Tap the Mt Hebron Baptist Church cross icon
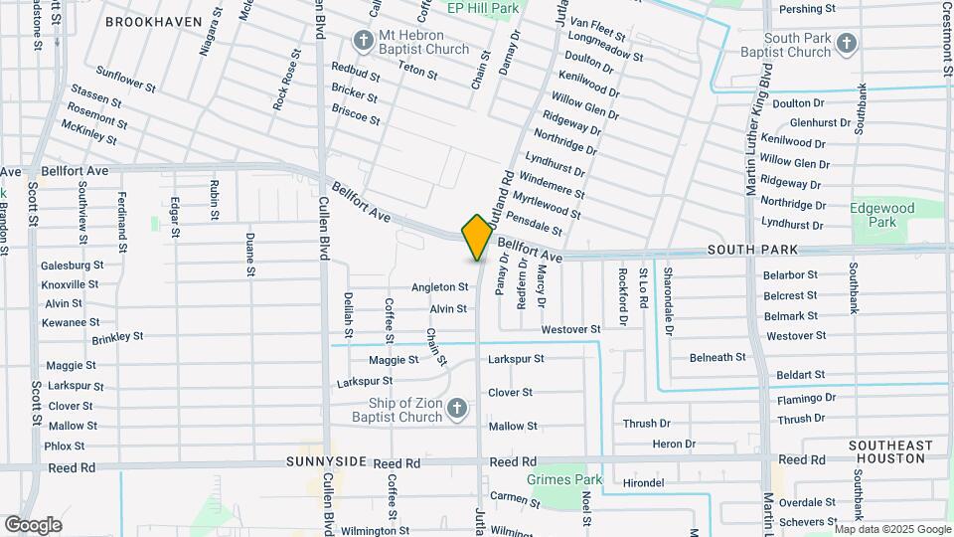(x=362, y=41)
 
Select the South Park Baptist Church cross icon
(x=846, y=43)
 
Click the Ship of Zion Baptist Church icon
(x=456, y=408)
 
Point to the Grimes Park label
(x=568, y=479)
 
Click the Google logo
(x=33, y=524)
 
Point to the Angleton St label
(x=440, y=286)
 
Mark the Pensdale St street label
(x=535, y=224)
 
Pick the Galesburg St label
(x=72, y=266)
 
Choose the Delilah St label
(x=350, y=313)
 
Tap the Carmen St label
(x=514, y=495)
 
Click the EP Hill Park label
(x=483, y=8)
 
